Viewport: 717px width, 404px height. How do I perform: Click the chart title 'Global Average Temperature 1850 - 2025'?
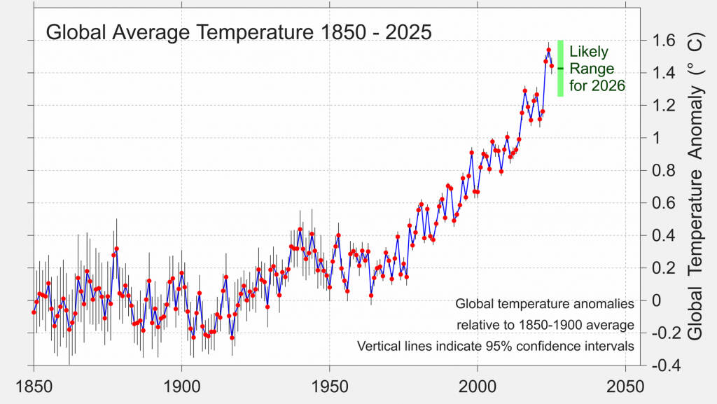pos(238,32)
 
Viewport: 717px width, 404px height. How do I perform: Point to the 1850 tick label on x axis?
pos(33,386)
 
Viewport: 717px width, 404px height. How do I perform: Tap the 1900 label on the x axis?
pos(181,386)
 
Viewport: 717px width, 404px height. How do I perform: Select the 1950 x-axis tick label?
pos(330,386)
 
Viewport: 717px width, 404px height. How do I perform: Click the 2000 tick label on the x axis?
pos(478,386)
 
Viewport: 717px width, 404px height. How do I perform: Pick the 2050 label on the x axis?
pos(626,386)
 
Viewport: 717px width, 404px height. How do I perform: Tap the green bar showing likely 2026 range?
pos(561,68)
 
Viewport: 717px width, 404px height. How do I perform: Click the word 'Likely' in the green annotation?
pos(589,52)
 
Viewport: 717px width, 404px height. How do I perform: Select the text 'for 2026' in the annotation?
pos(597,86)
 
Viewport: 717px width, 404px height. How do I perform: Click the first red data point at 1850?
pos(34,312)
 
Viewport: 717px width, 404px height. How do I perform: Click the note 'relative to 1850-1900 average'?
pos(545,326)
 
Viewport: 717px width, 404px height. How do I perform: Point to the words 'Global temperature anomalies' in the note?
pos(545,305)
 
